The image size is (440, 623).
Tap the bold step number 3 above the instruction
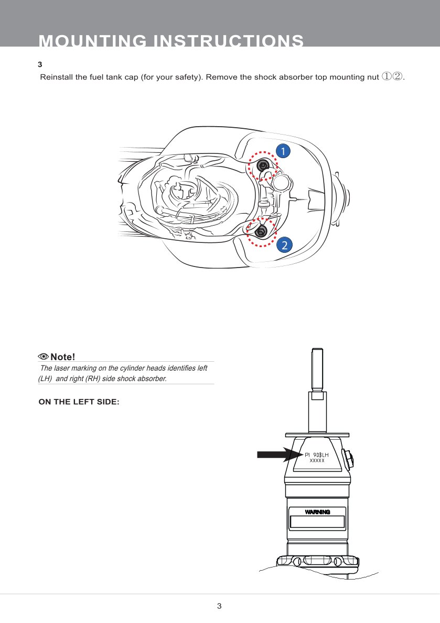[x=40, y=65]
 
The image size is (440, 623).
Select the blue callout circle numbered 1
[x=283, y=151]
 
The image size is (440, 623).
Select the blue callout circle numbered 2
[x=284, y=244]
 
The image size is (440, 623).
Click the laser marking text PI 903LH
[x=316, y=454]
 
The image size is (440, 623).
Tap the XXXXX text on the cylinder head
[x=317, y=461]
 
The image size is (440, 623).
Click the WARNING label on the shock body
[x=317, y=511]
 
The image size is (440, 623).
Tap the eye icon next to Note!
[x=44, y=357]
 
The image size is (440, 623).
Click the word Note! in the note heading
[x=63, y=357]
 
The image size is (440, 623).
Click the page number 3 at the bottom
[x=219, y=606]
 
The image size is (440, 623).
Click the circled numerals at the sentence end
[x=392, y=77]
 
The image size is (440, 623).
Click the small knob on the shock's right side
[x=348, y=459]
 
